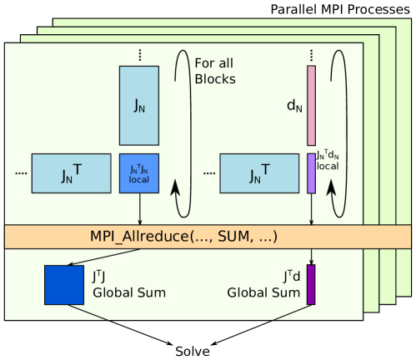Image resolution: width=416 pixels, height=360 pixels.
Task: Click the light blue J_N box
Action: tap(138, 106)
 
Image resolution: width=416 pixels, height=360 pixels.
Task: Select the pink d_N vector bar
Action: tap(312, 106)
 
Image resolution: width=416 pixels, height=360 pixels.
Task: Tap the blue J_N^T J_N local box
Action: tap(138, 172)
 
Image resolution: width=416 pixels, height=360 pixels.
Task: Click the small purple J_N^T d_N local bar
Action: tap(312, 172)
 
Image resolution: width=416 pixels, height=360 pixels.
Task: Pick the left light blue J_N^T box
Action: tap(70, 172)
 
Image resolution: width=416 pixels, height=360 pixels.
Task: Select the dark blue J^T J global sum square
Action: tap(64, 283)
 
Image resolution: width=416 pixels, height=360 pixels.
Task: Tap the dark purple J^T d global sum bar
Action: tap(312, 284)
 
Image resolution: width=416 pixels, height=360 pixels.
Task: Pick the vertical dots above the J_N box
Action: tap(138, 55)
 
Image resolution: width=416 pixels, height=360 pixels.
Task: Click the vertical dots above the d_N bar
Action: tap(312, 55)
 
